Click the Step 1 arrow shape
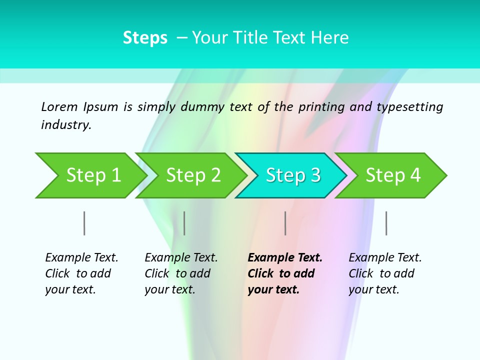pos(90,175)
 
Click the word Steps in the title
pos(145,38)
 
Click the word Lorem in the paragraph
pos(59,106)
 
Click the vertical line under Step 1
pos(84,223)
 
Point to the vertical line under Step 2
pos(184,223)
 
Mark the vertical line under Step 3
pos(285,223)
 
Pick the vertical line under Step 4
pos(386,223)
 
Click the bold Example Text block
pos(284,273)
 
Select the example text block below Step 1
pos(81,273)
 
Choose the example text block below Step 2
pos(181,273)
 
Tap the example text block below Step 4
pos(385,273)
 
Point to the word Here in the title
pos(330,38)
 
